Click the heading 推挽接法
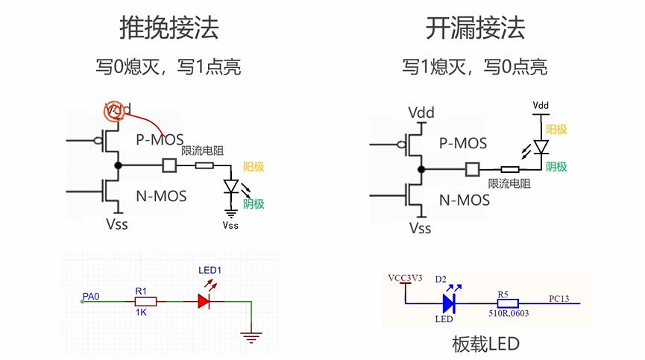[x=169, y=28]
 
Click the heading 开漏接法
[x=475, y=28]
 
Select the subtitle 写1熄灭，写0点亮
[x=475, y=67]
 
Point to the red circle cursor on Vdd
[x=116, y=111]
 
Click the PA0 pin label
[x=91, y=297]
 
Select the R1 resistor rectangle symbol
[x=145, y=302]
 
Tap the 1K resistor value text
[x=141, y=314]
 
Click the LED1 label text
[x=210, y=269]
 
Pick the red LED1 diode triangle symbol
[x=206, y=302]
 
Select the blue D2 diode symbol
[x=449, y=303]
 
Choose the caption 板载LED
[x=485, y=344]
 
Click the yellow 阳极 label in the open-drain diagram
[x=556, y=129]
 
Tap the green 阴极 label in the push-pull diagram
[x=253, y=204]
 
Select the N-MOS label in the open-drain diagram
[x=464, y=200]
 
